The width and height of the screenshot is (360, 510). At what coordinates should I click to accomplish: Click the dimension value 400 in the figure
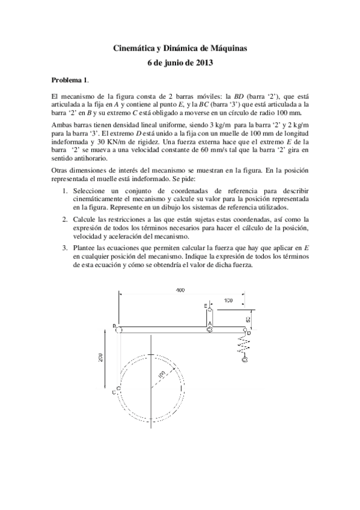click(180, 291)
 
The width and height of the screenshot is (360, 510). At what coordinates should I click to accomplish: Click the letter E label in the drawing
click(206, 307)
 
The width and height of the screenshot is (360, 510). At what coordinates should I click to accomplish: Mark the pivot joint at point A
click(209, 330)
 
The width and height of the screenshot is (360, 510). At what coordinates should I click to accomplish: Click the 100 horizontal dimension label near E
click(228, 300)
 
